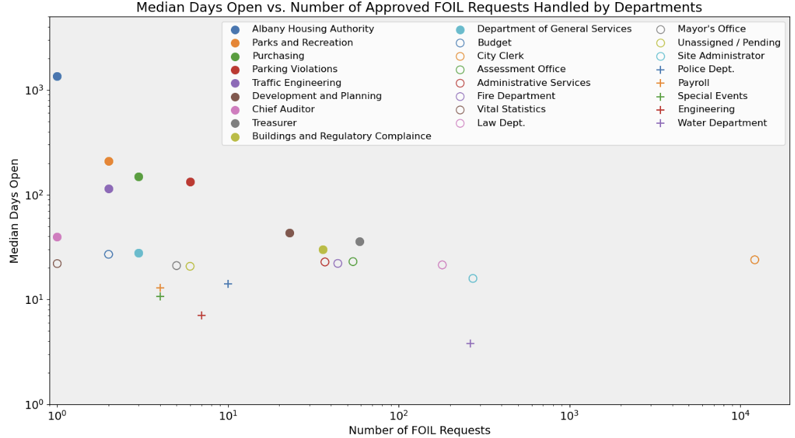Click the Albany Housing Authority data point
(57, 76)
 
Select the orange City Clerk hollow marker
(754, 260)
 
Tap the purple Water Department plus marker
(470, 343)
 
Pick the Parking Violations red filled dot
(190, 182)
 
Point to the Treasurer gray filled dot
(359, 242)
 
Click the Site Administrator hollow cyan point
(473, 278)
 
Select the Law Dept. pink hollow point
(442, 265)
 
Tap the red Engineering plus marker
(201, 316)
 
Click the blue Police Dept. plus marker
(228, 284)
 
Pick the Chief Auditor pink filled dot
(57, 237)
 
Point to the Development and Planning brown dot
(289, 233)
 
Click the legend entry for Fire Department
(515, 96)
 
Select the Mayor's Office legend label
(711, 29)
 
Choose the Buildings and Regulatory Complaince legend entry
(341, 136)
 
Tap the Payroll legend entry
(693, 83)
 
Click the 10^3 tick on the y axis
(34, 90)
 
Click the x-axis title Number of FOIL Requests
(419, 430)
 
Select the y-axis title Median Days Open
(14, 209)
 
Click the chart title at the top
(419, 8)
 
